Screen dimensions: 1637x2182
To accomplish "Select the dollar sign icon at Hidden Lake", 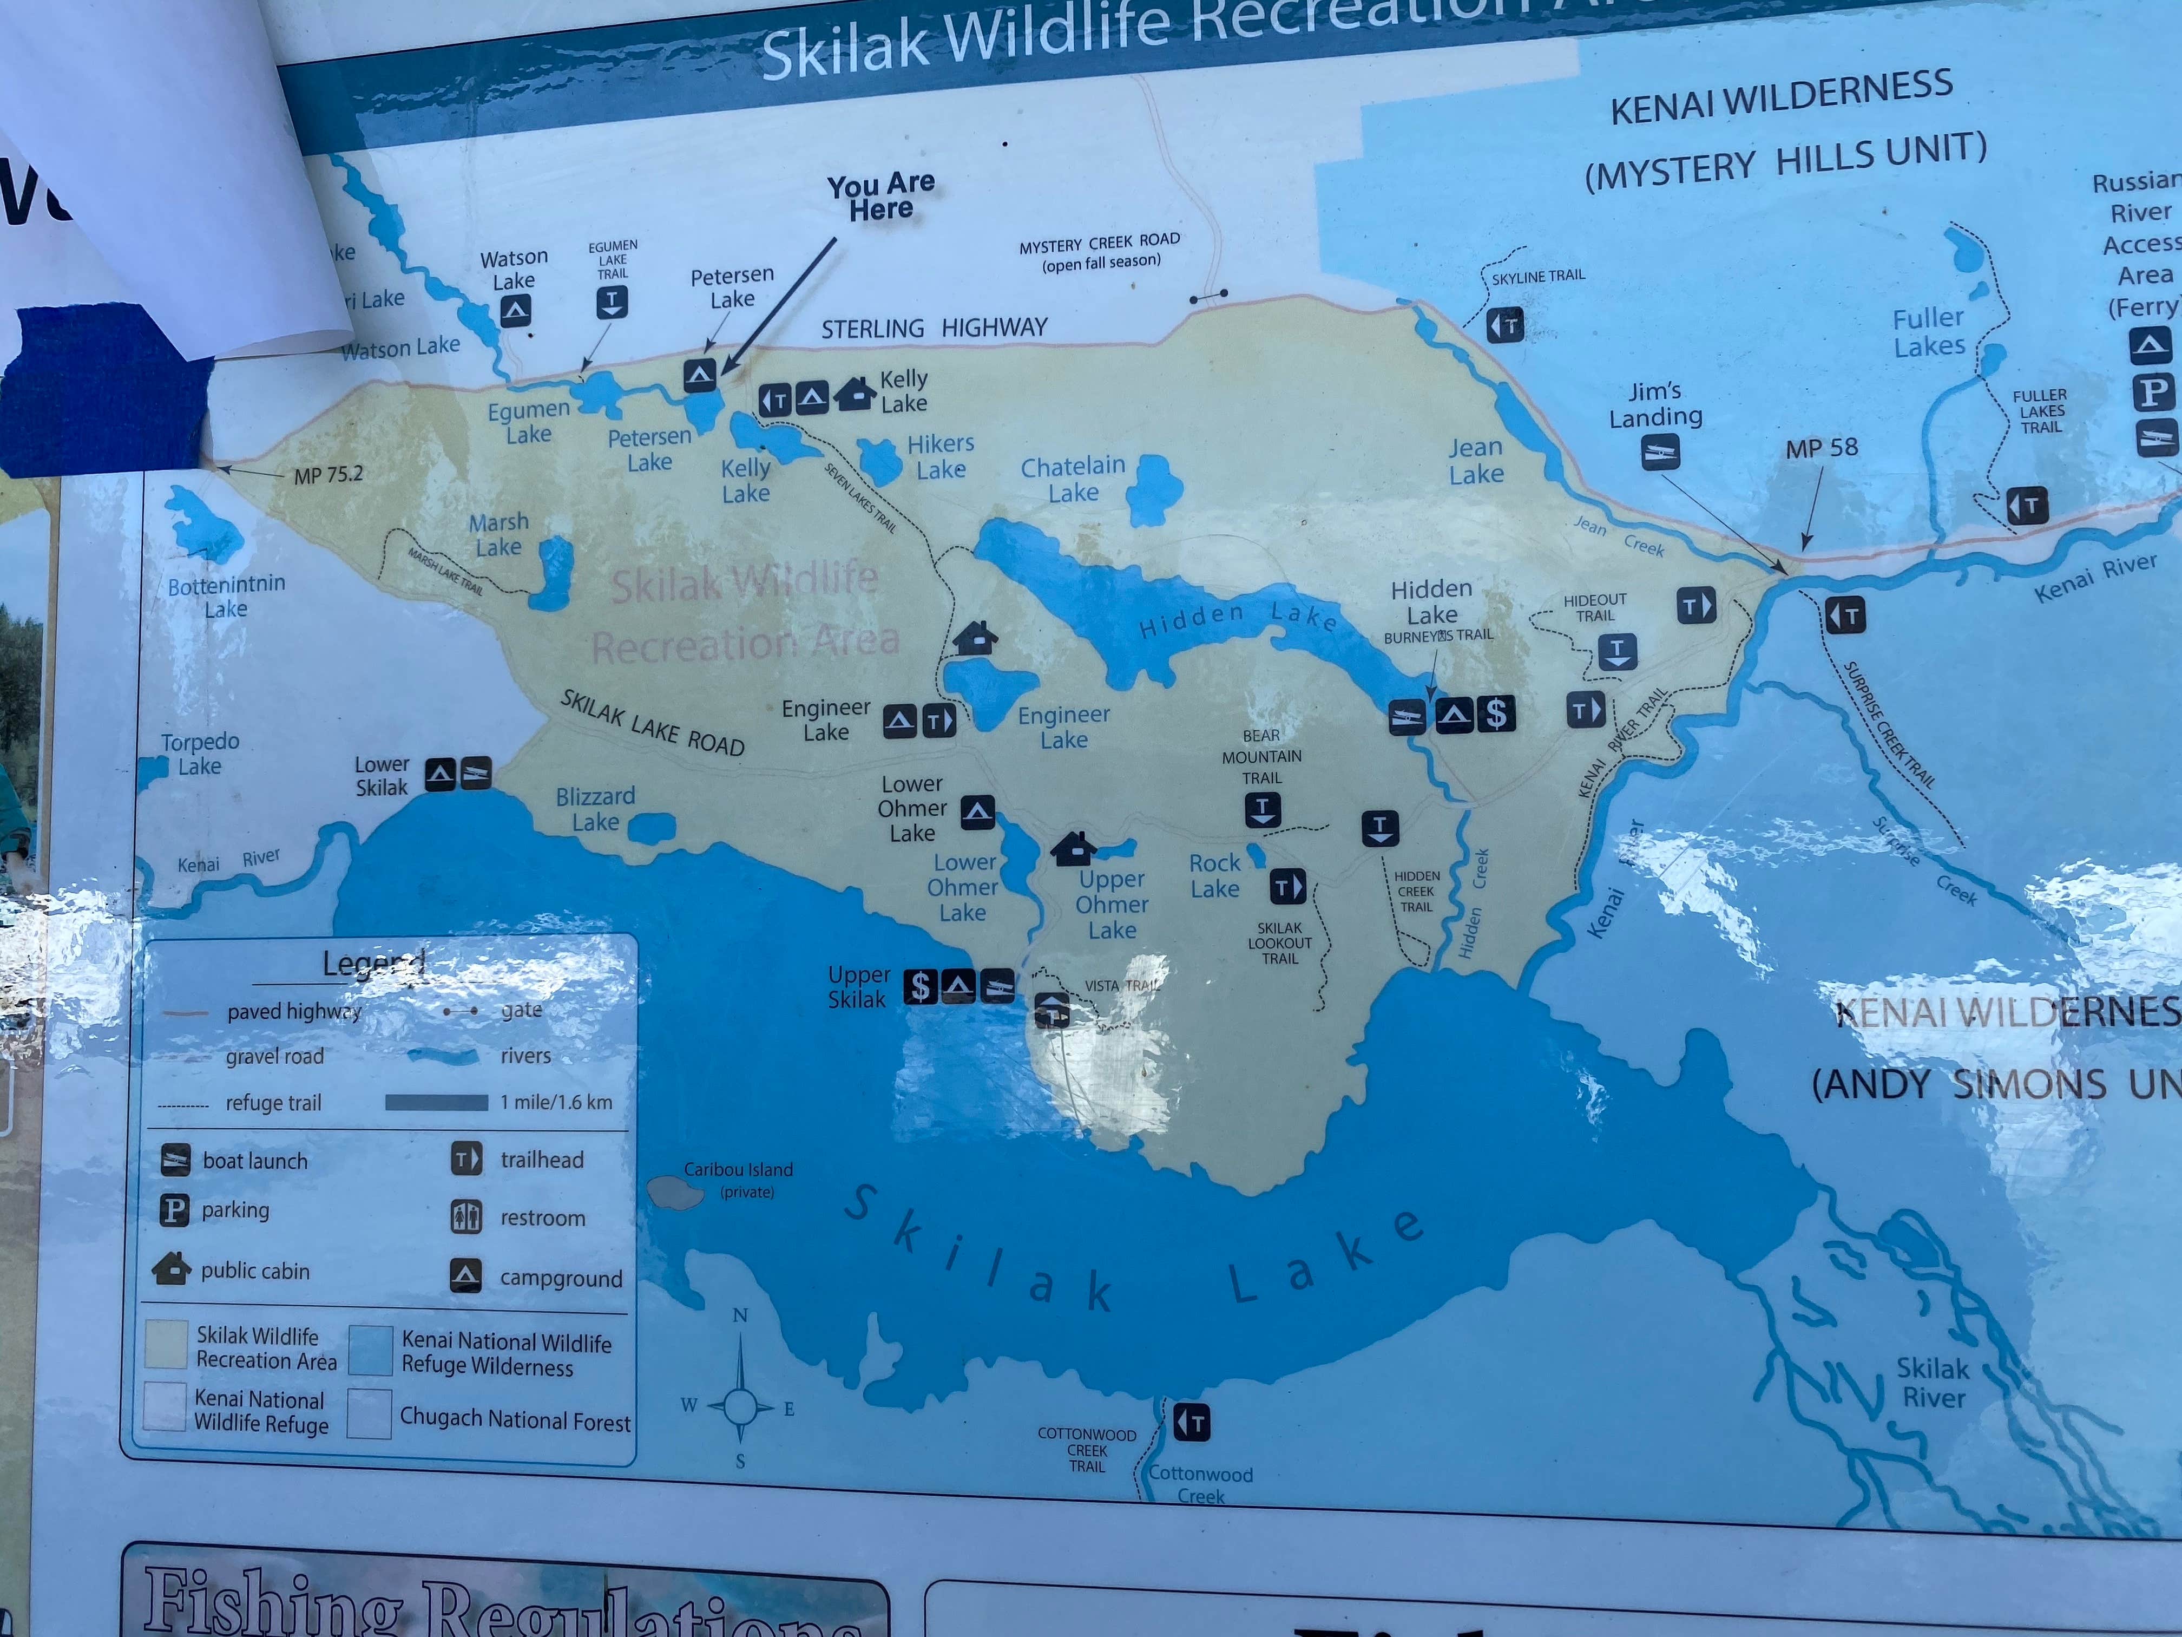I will tap(1495, 713).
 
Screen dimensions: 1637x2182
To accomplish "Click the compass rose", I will tap(740, 1405).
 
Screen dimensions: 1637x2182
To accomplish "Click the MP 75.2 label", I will tap(328, 475).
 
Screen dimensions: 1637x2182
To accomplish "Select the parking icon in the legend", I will tap(175, 1210).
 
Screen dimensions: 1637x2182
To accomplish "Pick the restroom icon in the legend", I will tap(466, 1217).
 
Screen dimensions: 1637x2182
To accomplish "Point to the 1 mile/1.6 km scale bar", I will tap(436, 1102).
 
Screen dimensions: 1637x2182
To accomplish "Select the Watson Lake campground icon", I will tap(515, 312).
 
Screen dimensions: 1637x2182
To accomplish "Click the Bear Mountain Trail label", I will tap(1261, 757).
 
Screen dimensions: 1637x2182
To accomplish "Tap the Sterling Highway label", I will tap(934, 328).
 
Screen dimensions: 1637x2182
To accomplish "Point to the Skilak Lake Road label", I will tap(652, 723).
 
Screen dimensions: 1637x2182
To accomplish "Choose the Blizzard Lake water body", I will tap(651, 829).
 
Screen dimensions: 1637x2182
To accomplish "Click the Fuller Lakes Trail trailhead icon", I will tap(2027, 506).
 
